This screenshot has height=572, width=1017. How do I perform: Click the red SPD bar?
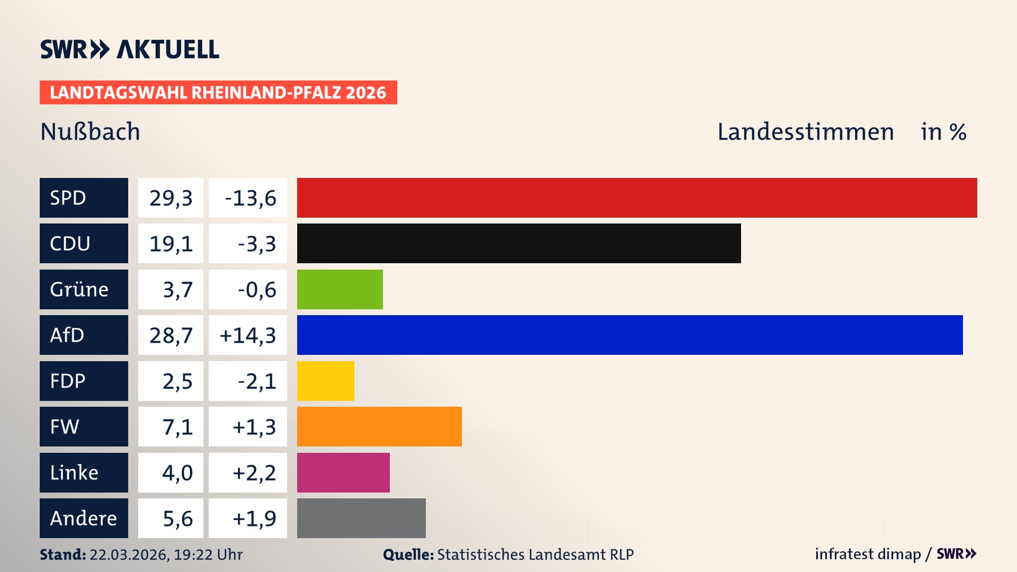637,198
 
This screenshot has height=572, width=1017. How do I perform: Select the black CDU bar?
519,243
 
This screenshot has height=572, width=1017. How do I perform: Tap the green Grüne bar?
340,289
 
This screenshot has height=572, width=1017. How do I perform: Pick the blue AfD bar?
629,335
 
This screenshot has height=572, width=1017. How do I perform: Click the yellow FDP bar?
325,381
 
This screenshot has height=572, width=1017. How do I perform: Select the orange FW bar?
379,426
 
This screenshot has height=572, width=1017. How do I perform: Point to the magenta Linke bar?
343,472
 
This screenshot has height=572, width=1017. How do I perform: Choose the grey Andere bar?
361,518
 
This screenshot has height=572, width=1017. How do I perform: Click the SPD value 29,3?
171,198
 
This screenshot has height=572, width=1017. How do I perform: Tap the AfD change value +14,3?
248,335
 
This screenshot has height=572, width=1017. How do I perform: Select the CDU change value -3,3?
256,244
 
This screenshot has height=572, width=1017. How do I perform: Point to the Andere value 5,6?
177,519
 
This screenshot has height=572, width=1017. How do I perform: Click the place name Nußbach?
90,131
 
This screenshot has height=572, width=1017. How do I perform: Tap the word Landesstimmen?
805,132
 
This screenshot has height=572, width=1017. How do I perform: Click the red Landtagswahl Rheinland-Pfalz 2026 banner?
218,92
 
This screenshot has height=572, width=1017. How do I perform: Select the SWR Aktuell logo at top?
130,49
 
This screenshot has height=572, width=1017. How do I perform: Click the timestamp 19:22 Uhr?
208,555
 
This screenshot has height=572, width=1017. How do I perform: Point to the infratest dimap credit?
868,554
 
